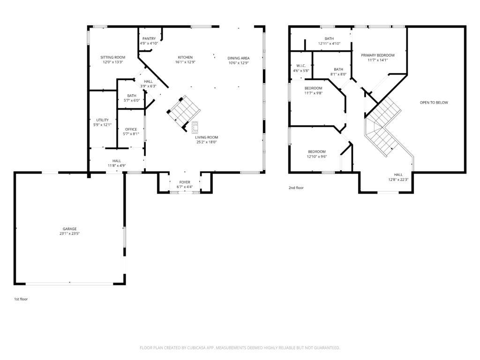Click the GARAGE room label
pos(69,229)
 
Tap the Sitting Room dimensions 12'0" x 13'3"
pos(112,62)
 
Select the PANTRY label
pos(149,38)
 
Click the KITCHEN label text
pos(185,57)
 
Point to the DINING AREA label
pos(239,58)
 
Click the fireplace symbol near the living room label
pos(195,127)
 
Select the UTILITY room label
pos(103,120)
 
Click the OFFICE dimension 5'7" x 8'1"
pos(131,134)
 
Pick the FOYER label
pos(185,182)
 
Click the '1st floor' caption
pos(21,299)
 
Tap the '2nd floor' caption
pos(296,187)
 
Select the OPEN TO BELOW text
pos(434,102)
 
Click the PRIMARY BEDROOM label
pos(377,55)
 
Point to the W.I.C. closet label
pos(300,66)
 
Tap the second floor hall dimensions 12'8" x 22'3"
pos(398,180)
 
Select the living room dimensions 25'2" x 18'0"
pos(206,142)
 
